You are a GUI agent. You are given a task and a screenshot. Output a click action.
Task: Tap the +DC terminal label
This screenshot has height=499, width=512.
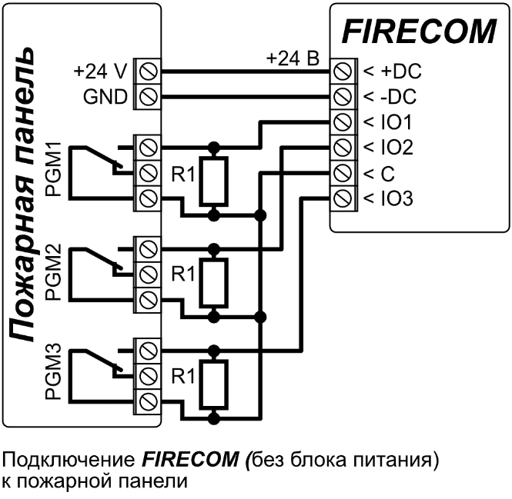(x=397, y=72)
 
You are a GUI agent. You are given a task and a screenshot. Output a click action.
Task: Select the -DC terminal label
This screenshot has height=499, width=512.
(x=396, y=97)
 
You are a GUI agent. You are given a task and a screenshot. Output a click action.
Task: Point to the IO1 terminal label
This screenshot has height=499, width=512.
(x=393, y=122)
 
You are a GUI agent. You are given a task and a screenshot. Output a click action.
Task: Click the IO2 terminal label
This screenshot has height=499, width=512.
(x=393, y=148)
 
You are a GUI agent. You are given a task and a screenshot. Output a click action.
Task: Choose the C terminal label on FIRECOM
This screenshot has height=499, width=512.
(x=379, y=174)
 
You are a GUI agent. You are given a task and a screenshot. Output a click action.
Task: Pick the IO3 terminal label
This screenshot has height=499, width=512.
(x=393, y=199)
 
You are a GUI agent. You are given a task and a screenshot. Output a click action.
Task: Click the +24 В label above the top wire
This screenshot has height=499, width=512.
(x=293, y=58)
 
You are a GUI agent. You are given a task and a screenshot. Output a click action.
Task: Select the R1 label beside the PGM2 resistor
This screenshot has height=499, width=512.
(x=183, y=273)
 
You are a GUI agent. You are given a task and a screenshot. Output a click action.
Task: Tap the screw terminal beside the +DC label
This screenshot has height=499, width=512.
(x=343, y=72)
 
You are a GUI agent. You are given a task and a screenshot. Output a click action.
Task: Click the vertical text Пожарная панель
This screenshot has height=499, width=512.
(x=25, y=192)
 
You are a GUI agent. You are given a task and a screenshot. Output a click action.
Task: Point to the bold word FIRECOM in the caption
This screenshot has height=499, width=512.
(x=189, y=461)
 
